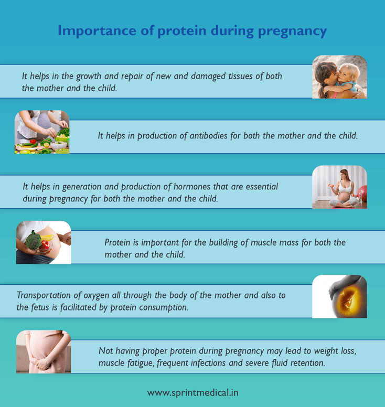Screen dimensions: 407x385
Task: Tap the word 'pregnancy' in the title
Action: (292, 31)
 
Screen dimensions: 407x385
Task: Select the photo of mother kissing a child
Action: (339, 77)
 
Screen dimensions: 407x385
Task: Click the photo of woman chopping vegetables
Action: (42, 132)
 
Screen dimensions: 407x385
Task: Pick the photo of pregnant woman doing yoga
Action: (339, 187)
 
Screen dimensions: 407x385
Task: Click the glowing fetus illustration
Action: (341, 297)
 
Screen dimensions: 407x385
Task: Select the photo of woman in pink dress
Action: (43, 352)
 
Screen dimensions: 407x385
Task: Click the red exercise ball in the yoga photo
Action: (362, 195)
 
